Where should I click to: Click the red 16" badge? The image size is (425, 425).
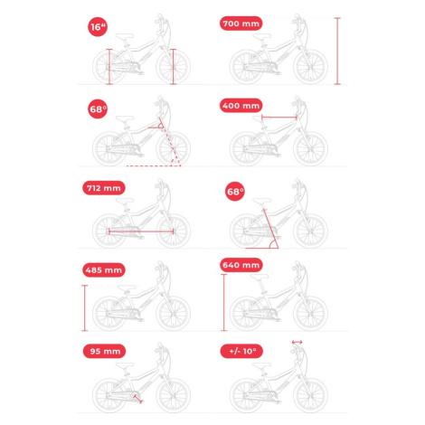(x=98, y=27)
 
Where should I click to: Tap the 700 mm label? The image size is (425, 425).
(x=241, y=24)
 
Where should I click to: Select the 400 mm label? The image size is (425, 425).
(x=241, y=106)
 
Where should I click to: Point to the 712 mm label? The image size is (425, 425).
(x=104, y=188)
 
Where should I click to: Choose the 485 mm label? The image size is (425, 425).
(x=104, y=269)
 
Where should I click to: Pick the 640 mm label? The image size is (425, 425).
(x=241, y=265)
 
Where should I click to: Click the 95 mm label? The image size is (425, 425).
(x=104, y=351)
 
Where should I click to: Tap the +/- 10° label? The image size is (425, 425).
(x=241, y=351)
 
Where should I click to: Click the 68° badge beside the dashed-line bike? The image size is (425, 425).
(x=98, y=109)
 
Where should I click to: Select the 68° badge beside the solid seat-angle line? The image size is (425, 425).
(x=235, y=192)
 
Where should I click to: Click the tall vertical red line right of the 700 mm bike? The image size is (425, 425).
(x=337, y=51)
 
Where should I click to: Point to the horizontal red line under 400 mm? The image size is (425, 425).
(x=279, y=118)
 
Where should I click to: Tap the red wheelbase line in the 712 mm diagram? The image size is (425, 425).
(x=141, y=231)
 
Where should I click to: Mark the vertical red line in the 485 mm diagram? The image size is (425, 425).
(x=85, y=307)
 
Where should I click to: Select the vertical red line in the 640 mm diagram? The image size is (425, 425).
(x=223, y=303)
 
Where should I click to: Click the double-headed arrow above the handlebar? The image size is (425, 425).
(x=297, y=342)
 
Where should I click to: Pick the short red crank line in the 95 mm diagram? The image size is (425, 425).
(x=137, y=399)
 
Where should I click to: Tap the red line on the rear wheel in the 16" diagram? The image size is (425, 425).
(x=109, y=67)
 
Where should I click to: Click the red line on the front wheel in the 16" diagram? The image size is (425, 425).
(x=173, y=67)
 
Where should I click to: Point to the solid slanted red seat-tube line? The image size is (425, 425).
(x=270, y=229)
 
